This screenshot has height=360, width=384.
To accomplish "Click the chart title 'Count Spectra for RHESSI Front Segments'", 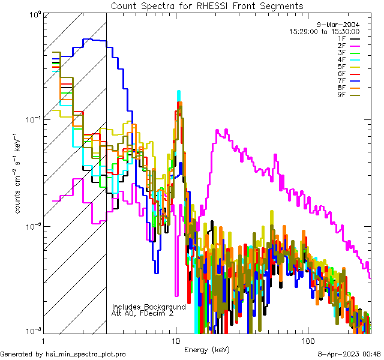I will coord(207,6).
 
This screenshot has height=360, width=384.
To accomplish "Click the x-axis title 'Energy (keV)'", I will coord(206,349).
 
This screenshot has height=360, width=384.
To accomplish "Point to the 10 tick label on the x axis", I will coord(176,340).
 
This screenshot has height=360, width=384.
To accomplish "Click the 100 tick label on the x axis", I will coord(307,340).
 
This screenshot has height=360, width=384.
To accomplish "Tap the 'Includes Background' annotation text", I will coord(149,307).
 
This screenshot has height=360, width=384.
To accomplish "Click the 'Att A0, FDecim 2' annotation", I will coord(143,313).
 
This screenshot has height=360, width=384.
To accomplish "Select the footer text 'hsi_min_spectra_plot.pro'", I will coord(86,354).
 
